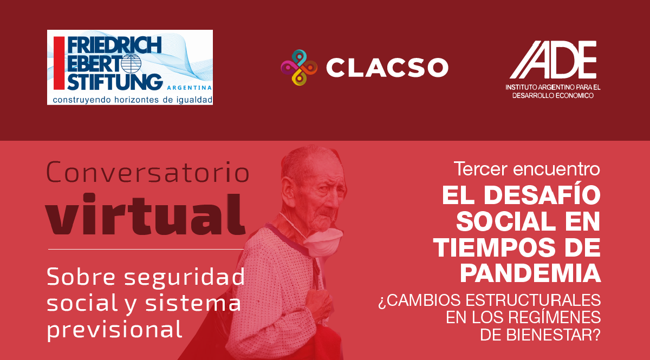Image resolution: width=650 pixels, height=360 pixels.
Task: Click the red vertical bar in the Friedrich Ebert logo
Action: point(59,63)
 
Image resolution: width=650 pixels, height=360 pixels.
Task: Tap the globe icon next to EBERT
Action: point(131,63)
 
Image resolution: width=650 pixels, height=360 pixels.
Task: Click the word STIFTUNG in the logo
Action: point(115,82)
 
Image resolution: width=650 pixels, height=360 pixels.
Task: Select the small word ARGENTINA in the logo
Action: point(189,88)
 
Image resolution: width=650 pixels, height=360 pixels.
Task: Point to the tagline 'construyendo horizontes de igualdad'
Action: point(133,100)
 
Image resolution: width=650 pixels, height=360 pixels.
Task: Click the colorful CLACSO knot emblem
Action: point(299,68)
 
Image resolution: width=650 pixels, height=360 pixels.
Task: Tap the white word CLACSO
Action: point(387,68)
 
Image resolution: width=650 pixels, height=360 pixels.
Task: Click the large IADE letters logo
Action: point(553,60)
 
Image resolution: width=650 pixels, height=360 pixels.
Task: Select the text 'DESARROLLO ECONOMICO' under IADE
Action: point(553,95)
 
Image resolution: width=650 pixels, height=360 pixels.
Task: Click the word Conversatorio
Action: point(148,172)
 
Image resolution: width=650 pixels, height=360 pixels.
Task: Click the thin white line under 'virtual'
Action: point(146,249)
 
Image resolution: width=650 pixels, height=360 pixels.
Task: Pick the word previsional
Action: point(115,330)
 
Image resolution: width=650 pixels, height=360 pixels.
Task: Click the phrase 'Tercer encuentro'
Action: point(526,168)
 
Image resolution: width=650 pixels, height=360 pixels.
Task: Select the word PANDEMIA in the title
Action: point(530,273)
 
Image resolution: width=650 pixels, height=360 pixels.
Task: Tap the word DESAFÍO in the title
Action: point(542,195)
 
